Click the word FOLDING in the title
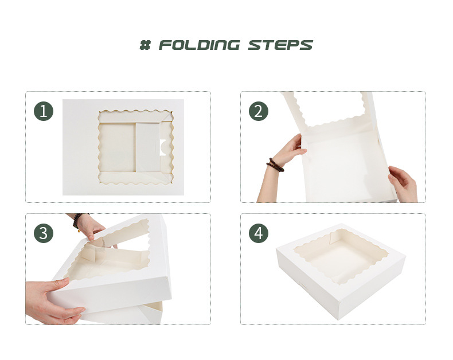pyautogui.click(x=200, y=45)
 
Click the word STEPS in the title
pyautogui.click(x=280, y=45)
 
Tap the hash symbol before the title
pyautogui.click(x=145, y=45)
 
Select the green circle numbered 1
pyautogui.click(x=44, y=111)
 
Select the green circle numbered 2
pyautogui.click(x=259, y=111)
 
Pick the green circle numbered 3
pyautogui.click(x=44, y=233)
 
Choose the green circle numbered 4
pyautogui.click(x=259, y=233)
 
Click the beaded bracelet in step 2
pyautogui.click(x=275, y=165)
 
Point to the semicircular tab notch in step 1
pyautogui.click(x=162, y=147)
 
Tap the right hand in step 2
pyautogui.click(x=403, y=184)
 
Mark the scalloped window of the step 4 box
pyautogui.click(x=337, y=256)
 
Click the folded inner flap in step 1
pyautogui.click(x=149, y=147)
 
